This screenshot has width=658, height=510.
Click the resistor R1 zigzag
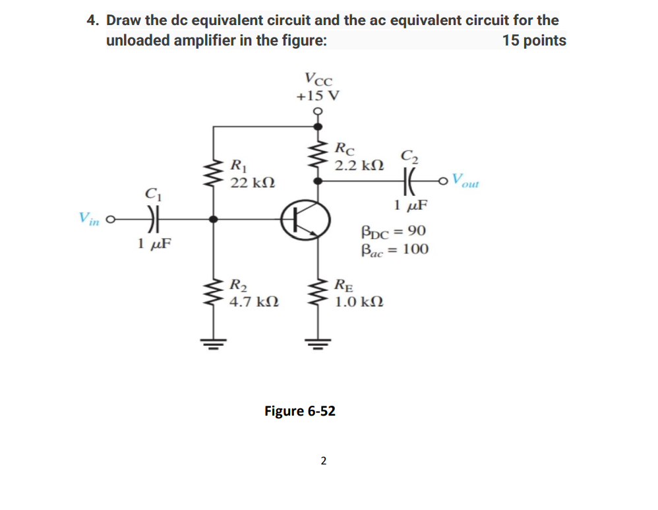[x=213, y=173]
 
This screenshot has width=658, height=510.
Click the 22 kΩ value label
[x=253, y=181]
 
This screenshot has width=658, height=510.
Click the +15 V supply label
[x=318, y=95]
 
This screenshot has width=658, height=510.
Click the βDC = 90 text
[x=393, y=232]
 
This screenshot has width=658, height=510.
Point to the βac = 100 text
[x=394, y=249]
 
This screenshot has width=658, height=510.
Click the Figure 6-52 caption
[x=300, y=411]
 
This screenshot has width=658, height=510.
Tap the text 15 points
[x=534, y=40]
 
